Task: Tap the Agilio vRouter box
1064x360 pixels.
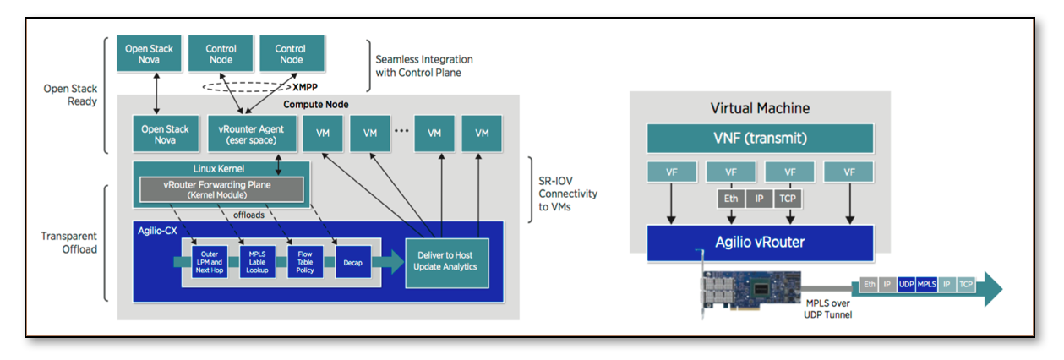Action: click(760, 243)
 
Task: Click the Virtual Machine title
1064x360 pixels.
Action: click(760, 108)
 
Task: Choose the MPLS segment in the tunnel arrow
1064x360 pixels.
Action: click(926, 286)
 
